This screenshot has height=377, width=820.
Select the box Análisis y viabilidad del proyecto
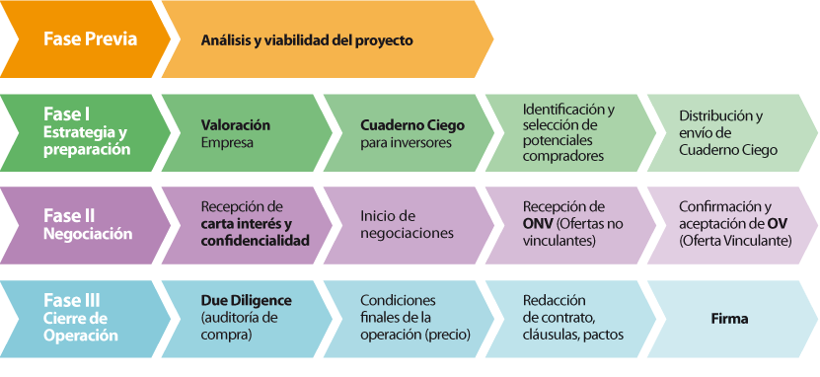coord(306,40)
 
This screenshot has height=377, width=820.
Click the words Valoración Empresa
coord(235,133)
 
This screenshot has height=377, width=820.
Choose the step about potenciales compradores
coord(568,132)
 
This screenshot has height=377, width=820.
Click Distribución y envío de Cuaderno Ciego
coord(728,132)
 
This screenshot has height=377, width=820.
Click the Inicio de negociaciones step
coord(407,224)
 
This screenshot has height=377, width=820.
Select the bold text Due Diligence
coord(246,299)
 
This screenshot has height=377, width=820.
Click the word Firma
coord(729,319)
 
